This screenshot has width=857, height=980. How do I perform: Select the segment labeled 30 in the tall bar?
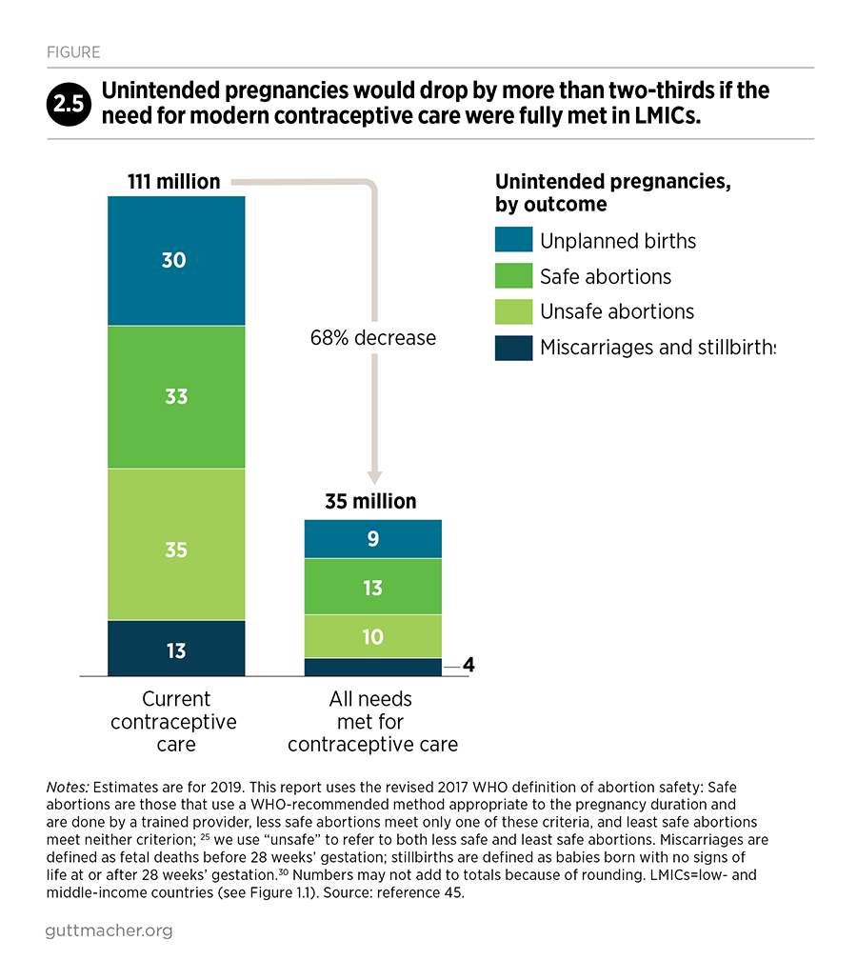176,260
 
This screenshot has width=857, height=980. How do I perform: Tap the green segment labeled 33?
176,396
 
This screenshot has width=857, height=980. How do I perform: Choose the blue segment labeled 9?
372,539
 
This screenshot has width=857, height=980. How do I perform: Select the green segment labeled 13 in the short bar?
372,587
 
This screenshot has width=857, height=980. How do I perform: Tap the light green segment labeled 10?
372,636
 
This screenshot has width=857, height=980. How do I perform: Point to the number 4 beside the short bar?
468,665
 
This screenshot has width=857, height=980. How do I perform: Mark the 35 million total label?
371,501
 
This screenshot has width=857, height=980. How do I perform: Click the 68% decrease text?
372,337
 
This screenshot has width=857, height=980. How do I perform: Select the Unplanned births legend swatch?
513,241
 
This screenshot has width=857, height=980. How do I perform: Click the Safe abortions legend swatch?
513,276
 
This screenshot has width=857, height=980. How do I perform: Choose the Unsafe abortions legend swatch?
513,311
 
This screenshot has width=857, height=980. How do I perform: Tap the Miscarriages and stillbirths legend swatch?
513,348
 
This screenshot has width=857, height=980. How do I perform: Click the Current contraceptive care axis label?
176,722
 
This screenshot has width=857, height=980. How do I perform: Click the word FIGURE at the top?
72,52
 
